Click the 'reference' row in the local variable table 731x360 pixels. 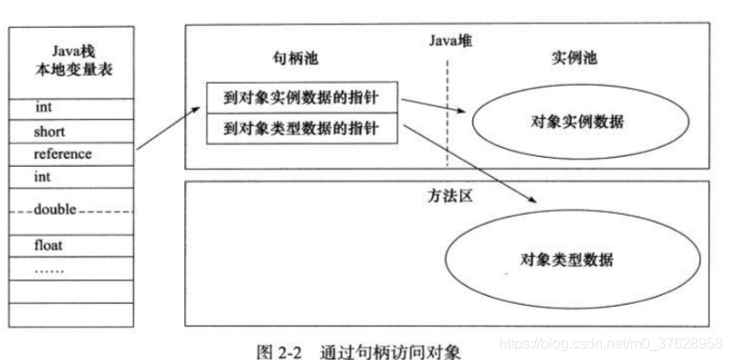[62, 154]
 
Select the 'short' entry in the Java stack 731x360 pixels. [50, 132]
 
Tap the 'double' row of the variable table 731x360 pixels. [55, 209]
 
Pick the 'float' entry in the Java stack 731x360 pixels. [49, 245]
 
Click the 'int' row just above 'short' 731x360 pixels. [43, 107]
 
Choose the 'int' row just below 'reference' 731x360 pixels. [43, 178]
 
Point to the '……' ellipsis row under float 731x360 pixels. [50, 268]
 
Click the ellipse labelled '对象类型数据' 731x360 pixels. [566, 261]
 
